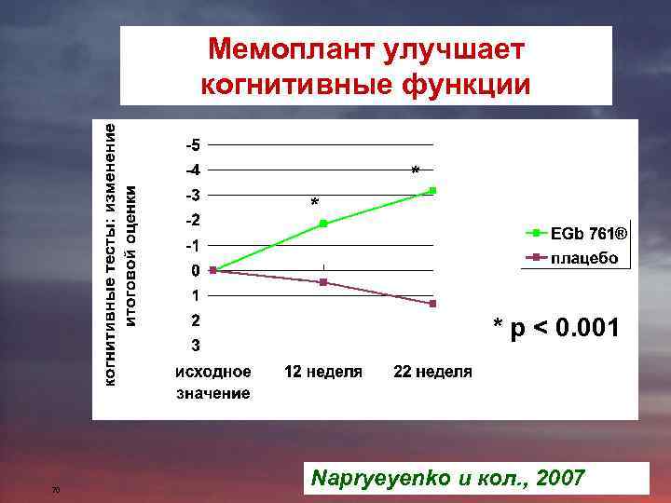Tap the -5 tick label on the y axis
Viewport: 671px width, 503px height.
191,145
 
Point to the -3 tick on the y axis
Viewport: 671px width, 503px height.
191,196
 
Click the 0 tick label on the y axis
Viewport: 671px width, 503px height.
194,271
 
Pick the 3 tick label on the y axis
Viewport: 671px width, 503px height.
194,346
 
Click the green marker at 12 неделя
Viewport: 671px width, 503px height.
323,224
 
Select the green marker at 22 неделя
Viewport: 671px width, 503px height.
432,191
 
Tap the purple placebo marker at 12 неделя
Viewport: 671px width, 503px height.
323,281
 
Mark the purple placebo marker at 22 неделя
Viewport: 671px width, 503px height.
432,304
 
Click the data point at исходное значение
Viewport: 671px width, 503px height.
213,270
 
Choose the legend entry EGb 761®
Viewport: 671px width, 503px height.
588,233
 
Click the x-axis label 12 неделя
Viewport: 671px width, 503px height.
322,372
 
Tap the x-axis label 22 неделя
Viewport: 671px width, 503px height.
432,372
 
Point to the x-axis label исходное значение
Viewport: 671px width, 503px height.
213,382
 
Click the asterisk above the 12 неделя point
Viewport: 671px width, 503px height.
314,203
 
